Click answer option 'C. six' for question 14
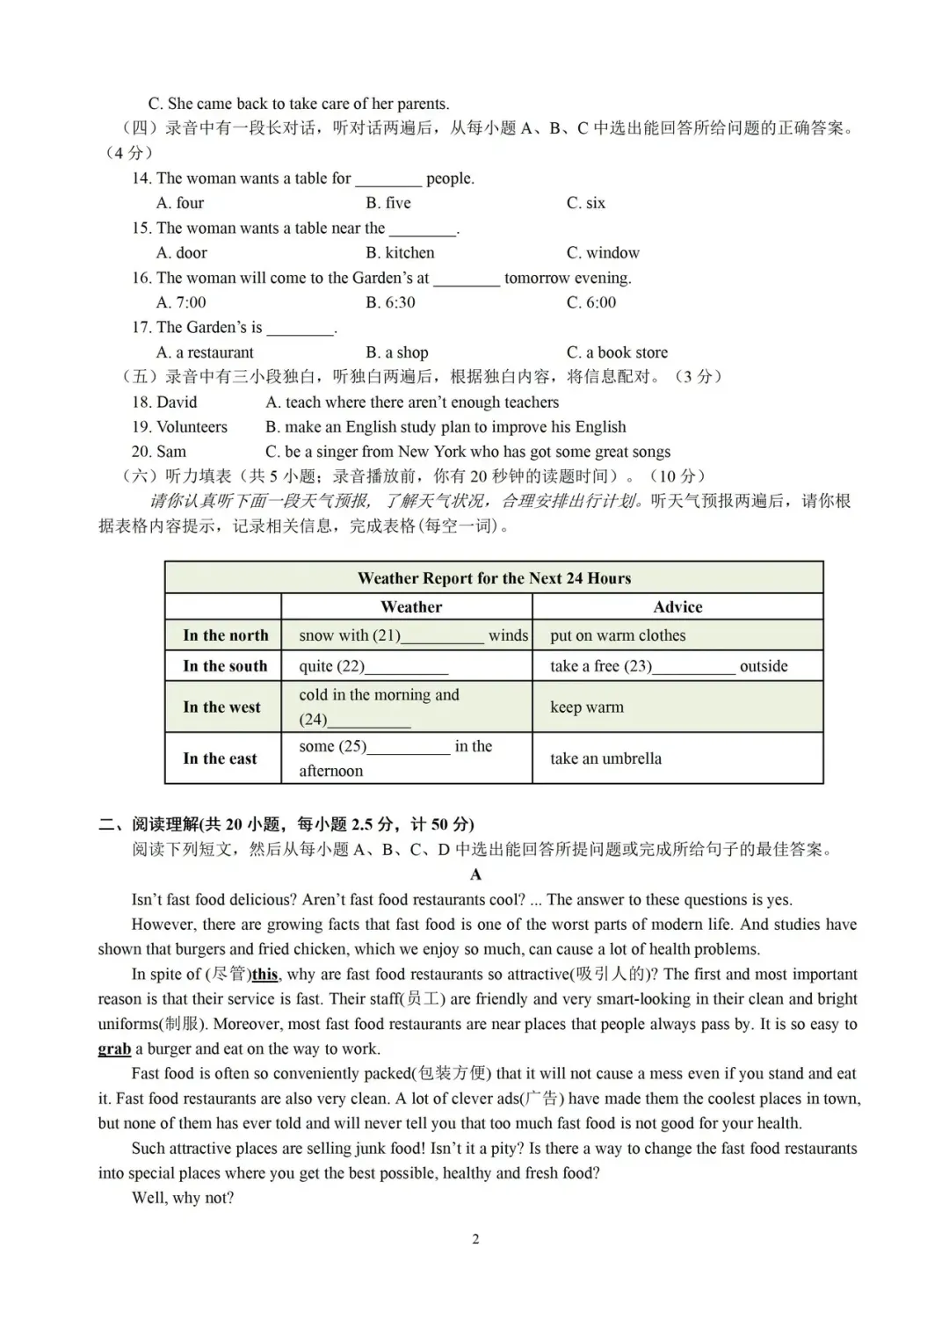pyautogui.click(x=585, y=203)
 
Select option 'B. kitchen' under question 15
pyautogui.click(x=400, y=253)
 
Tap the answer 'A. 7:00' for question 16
pyautogui.click(x=181, y=302)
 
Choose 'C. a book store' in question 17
pyautogui.click(x=617, y=352)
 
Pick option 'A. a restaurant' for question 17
pyautogui.click(x=205, y=352)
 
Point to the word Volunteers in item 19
pyautogui.click(x=192, y=427)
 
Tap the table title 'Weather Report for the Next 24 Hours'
pyautogui.click(x=494, y=578)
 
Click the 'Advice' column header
pyautogui.click(x=677, y=606)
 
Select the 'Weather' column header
pyautogui.click(x=411, y=606)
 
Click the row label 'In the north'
pyautogui.click(x=225, y=635)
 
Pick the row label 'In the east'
pyautogui.click(x=220, y=758)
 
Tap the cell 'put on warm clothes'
pyautogui.click(x=618, y=635)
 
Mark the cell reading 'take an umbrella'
pyautogui.click(x=605, y=758)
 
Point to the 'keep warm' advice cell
pyautogui.click(x=586, y=707)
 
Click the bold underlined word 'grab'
pyautogui.click(x=114, y=1049)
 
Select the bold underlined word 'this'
pyautogui.click(x=264, y=975)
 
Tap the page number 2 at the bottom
pyautogui.click(x=475, y=1240)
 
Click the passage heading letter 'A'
pyautogui.click(x=475, y=874)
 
